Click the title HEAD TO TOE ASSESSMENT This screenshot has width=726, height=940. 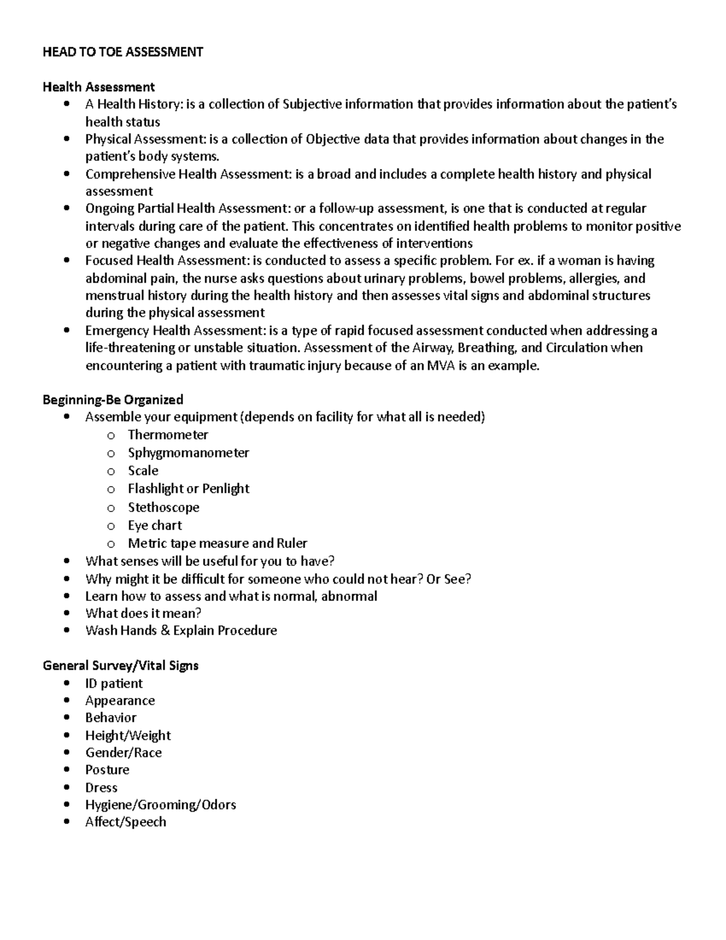[x=123, y=52]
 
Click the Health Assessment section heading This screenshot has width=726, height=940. [x=99, y=87]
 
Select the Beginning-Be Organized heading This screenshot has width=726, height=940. [x=113, y=399]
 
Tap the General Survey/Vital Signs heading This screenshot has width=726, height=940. [x=120, y=666]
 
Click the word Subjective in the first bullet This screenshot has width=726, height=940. [x=312, y=104]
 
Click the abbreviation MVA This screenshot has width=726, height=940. [x=441, y=366]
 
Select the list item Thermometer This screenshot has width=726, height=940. [x=168, y=435]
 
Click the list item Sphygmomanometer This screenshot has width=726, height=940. [x=188, y=453]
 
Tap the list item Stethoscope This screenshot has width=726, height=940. [x=163, y=507]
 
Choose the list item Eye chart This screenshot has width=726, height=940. [x=154, y=525]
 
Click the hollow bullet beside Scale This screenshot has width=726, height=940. [x=111, y=472]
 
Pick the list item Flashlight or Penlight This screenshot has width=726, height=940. [x=188, y=488]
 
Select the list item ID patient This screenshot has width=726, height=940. [x=114, y=683]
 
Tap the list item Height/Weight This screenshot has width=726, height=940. [x=128, y=735]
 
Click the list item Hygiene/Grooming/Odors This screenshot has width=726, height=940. [x=160, y=805]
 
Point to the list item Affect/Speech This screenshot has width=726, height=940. [x=125, y=822]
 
